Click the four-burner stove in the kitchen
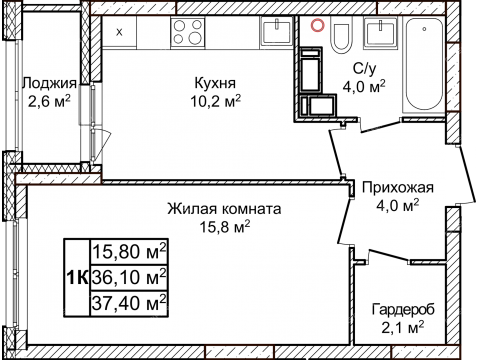(x=187, y=32)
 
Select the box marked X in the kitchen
(x=120, y=32)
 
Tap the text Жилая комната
(x=224, y=209)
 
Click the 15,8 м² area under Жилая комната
(x=225, y=227)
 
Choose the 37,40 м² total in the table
(x=129, y=300)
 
